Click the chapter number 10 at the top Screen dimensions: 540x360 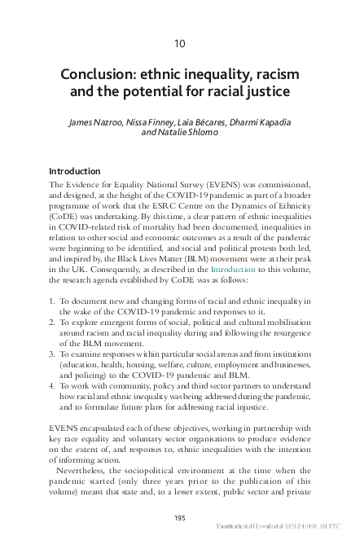click(x=180, y=42)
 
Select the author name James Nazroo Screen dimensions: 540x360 click(x=102, y=122)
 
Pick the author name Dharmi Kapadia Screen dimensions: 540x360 click(x=260, y=122)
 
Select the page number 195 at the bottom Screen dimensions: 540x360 click(x=180, y=518)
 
